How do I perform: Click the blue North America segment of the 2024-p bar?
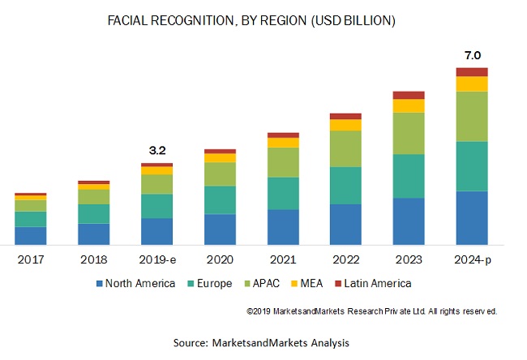472,217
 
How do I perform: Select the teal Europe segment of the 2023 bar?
409,176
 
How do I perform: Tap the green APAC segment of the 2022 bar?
345,148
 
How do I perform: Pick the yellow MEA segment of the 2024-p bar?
472,84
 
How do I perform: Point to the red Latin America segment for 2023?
409,95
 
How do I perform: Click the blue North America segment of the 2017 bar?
31,235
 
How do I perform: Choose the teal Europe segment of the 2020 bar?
220,199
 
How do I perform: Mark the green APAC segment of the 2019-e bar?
156,184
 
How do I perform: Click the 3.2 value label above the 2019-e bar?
156,150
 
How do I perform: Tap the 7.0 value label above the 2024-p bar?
472,55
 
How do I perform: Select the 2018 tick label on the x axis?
93,260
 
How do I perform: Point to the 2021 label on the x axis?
283,260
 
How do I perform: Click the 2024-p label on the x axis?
472,260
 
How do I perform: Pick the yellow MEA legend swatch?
293,283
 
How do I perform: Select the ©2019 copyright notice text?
371,311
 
